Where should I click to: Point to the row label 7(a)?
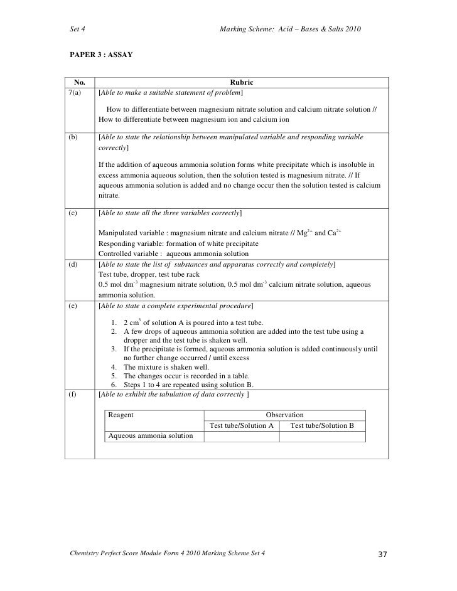76,93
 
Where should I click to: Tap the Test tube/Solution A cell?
241,425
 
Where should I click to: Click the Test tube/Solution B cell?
323,425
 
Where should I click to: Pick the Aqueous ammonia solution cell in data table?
151,435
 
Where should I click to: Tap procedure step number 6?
114,385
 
